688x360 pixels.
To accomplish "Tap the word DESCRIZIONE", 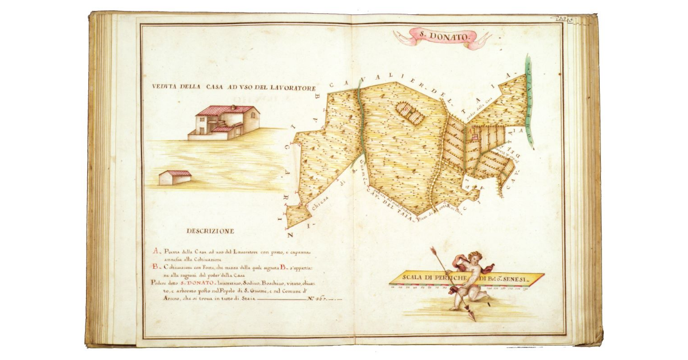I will tap(210, 231).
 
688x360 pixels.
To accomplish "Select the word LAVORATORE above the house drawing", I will tap(292, 87).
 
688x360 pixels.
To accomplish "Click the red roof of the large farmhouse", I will tap(225, 109).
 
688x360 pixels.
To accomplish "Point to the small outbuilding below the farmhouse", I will tap(174, 177).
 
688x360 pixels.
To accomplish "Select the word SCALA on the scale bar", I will tap(413, 278).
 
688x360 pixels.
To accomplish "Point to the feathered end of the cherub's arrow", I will tap(434, 252).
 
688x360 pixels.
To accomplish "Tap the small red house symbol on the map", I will tap(474, 137).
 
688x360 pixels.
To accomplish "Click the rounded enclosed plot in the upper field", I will tap(409, 113).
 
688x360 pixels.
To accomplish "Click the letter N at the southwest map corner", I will tap(291, 236).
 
